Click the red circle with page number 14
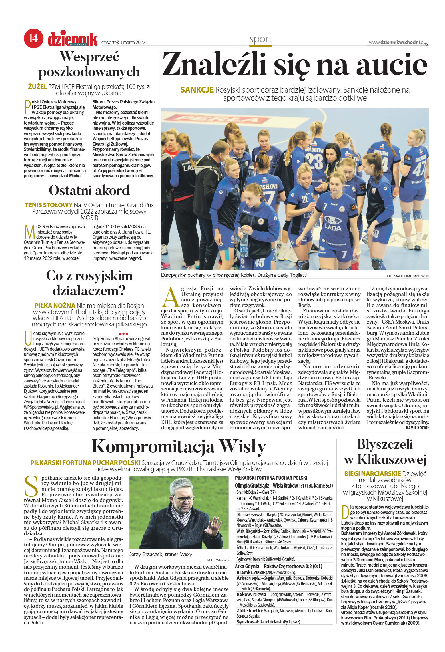pos(33,38)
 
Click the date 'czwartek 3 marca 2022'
pos(123,43)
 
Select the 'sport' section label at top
pos(260,39)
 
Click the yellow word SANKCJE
pos(197,90)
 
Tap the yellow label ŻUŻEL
pos(37,87)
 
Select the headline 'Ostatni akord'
pos(89,190)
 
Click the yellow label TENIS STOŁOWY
pos(49,205)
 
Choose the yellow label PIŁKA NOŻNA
pos(55,306)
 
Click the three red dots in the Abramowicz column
pos(123,334)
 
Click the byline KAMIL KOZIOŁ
pos(417,428)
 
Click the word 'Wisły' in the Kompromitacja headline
pos(242,447)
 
